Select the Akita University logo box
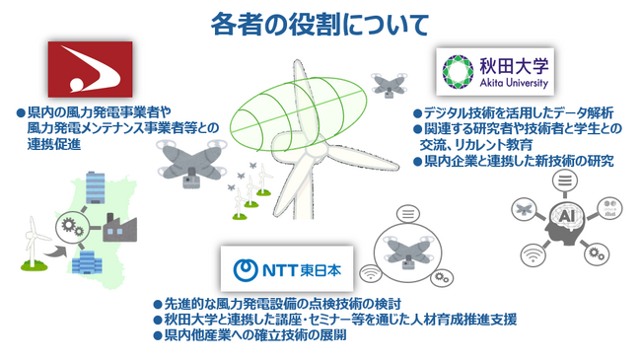pos(494,73)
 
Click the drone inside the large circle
pos(409,249)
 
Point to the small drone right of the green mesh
pos(387,83)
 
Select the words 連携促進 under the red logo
pos(53,144)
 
